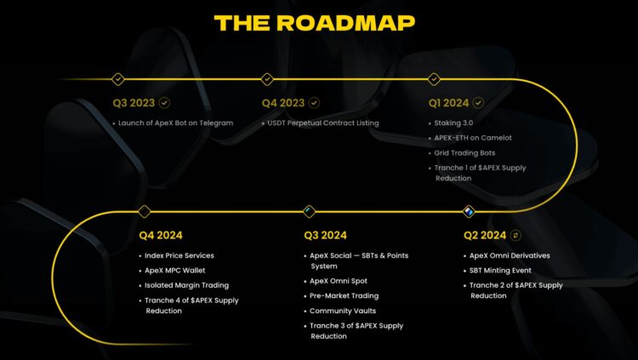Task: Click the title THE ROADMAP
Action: (315, 23)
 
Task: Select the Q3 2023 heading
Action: (134, 103)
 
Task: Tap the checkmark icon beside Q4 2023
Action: (315, 103)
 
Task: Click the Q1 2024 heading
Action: (450, 103)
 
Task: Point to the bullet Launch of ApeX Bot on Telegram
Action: (173, 123)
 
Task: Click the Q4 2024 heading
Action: (161, 235)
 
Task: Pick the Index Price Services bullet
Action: (179, 255)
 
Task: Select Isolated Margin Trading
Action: (186, 285)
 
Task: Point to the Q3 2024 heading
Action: (326, 235)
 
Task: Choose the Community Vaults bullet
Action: (343, 311)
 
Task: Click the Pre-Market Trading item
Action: (343, 295)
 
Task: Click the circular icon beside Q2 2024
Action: (515, 235)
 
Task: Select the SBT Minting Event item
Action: (507, 271)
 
